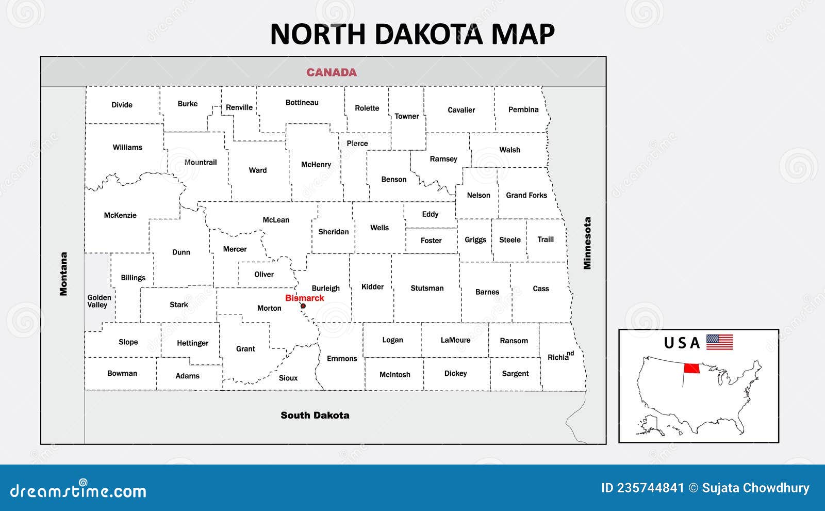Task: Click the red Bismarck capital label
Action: (305, 298)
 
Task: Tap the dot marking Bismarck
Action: (303, 306)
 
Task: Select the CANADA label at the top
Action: (332, 72)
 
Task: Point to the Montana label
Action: (63, 274)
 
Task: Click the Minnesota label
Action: (587, 243)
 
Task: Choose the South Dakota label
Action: (315, 415)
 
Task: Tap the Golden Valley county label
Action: (98, 301)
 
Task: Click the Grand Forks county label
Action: (526, 195)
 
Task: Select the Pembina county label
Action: (523, 109)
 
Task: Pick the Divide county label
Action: (122, 105)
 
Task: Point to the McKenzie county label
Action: (120, 215)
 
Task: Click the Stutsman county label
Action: (427, 288)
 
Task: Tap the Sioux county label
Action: (288, 378)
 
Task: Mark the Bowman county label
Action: (122, 373)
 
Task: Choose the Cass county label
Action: (541, 289)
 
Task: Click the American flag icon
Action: (719, 342)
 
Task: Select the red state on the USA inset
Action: (692, 369)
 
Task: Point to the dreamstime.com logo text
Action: (78, 490)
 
